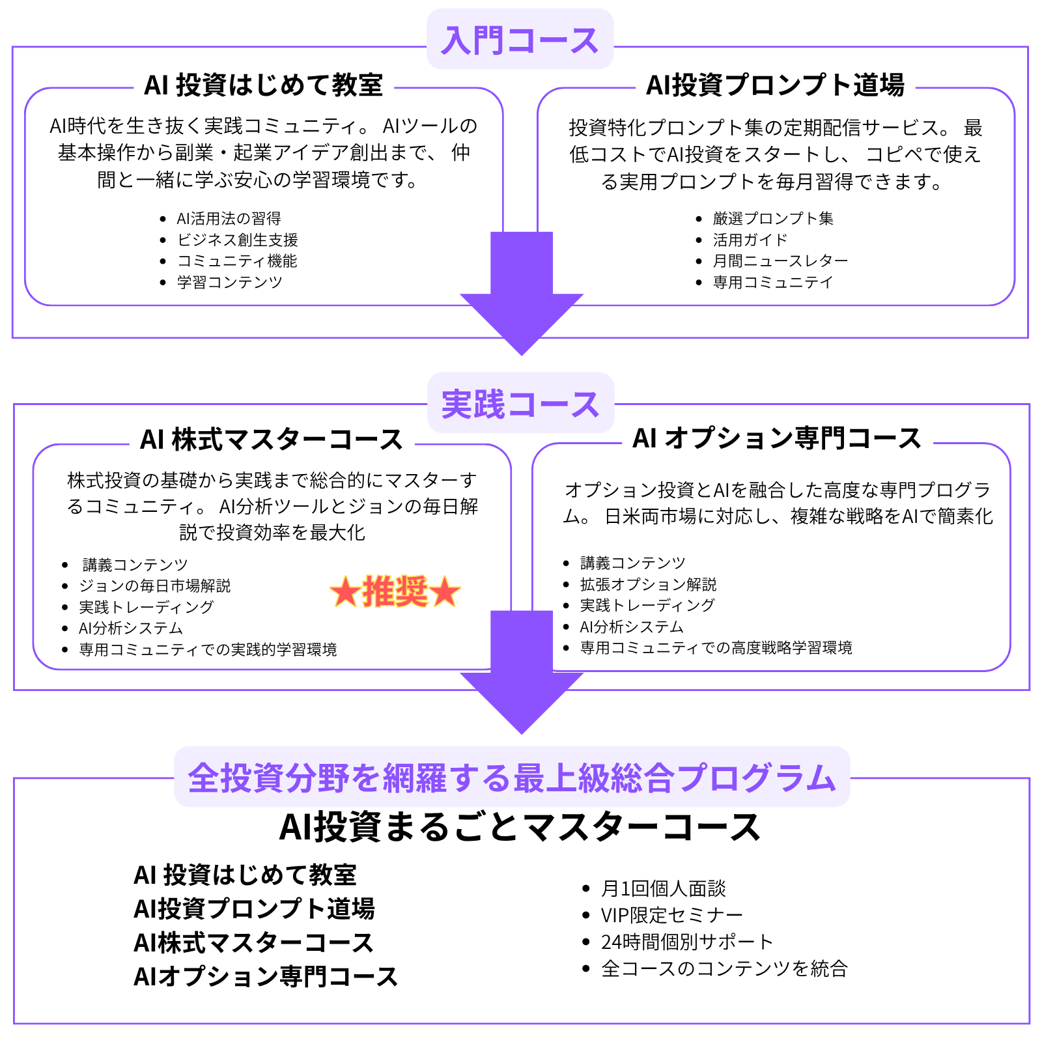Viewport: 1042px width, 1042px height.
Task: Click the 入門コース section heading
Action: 520,40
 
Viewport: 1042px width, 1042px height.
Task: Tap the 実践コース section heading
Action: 520,404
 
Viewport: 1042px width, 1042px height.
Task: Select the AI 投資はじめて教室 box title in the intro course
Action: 263,85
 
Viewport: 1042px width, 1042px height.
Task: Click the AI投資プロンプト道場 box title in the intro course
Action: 774,85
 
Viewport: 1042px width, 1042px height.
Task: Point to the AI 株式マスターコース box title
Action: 271,440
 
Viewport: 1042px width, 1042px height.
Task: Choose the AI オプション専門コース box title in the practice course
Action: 776,438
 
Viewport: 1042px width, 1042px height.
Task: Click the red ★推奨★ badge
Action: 395,592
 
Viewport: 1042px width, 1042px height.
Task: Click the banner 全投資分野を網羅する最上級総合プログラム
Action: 512,778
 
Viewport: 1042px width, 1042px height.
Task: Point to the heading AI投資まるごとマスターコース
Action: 520,828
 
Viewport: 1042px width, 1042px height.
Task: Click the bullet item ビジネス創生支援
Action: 237,240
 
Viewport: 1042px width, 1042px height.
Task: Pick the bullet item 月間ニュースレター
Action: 780,261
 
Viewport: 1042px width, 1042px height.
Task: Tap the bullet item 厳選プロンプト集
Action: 772,219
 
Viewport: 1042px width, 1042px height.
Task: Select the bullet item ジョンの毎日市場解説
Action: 154,586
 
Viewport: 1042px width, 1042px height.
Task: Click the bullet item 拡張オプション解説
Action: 648,584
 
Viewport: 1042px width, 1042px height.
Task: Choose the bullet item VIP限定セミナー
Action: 671,916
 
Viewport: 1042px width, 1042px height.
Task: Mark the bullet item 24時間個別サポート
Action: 686,942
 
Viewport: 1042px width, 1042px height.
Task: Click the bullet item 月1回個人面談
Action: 663,889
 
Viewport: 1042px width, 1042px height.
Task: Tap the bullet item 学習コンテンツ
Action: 229,283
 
